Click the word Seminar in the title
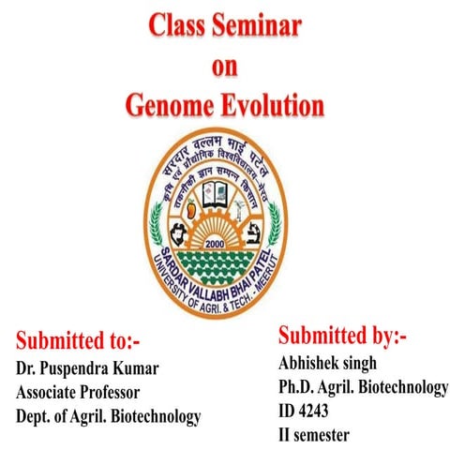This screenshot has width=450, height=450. pos(255,26)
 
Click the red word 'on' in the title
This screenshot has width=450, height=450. pos(225,66)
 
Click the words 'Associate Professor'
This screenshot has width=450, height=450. pos(78,391)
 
